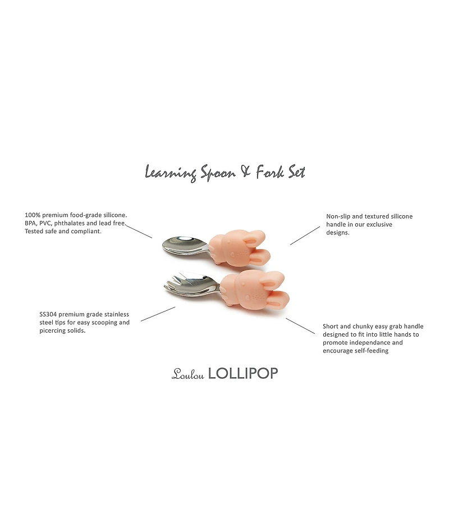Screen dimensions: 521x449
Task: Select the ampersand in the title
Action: coord(245,171)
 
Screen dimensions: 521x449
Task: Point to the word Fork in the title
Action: coord(269,171)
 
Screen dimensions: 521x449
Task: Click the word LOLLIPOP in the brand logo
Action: coord(243,374)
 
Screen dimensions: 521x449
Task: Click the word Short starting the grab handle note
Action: coord(332,326)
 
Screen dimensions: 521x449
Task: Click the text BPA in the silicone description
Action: coord(32,223)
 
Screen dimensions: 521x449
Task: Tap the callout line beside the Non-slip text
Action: coord(304,236)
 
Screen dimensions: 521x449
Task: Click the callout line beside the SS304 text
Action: coord(158,314)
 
